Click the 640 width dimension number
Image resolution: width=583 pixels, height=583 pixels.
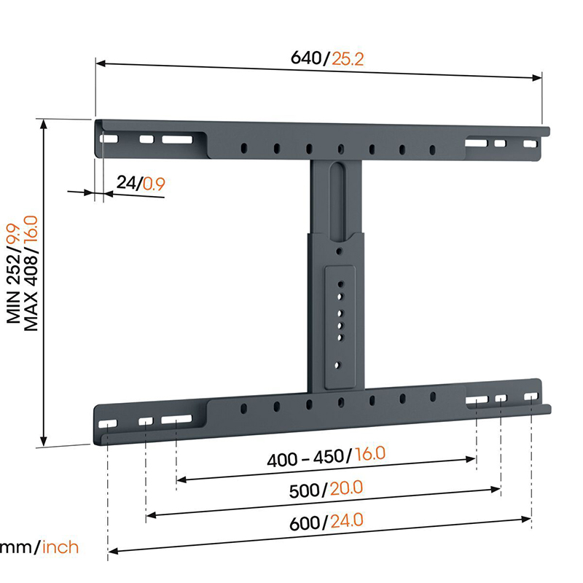305,58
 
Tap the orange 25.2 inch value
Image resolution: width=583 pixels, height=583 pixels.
348,59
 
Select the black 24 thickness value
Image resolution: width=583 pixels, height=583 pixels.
126,182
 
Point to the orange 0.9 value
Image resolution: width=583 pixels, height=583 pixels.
154,184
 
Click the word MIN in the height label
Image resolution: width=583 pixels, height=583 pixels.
13,307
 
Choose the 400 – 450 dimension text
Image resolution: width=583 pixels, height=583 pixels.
306,458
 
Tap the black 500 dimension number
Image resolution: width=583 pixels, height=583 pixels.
304,490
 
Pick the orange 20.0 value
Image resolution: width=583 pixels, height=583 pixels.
346,488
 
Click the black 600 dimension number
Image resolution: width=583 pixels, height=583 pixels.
305,523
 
